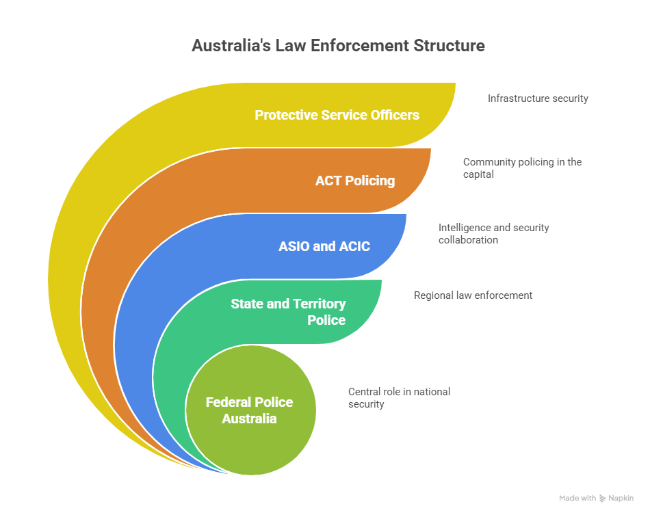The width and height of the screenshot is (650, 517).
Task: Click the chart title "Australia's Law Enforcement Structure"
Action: point(338,46)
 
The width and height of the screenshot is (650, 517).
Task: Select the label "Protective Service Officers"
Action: point(337,115)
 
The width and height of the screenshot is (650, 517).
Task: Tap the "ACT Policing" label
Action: point(355,181)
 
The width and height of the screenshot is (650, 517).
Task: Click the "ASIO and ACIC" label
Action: point(324,246)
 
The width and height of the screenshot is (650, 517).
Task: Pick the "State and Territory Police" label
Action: point(288,312)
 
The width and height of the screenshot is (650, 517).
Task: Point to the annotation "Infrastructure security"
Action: point(538,98)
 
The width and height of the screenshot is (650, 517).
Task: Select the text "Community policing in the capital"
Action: point(522,168)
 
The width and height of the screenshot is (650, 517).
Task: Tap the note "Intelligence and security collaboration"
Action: point(494,234)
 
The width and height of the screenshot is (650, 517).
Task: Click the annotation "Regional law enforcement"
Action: point(473,295)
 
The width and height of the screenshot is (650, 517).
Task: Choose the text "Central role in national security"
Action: point(399,398)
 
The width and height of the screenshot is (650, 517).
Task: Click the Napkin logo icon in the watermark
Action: point(602,499)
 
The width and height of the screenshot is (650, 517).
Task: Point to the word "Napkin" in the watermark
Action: point(621,499)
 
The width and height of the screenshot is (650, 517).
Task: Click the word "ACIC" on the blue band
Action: point(354,246)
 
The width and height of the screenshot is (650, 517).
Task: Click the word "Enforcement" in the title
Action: point(360,46)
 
